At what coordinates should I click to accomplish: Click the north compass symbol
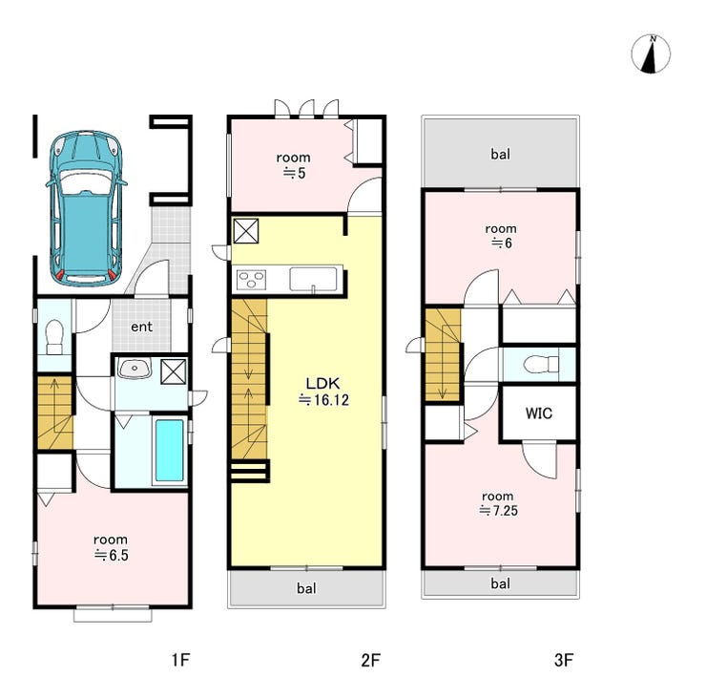click(x=651, y=53)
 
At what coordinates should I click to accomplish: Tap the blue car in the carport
click(x=86, y=208)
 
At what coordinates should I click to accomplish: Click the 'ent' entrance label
click(x=141, y=327)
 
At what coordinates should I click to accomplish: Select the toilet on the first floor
click(x=54, y=337)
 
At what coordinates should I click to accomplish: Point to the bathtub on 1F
click(x=169, y=450)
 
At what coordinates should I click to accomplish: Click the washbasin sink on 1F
click(x=135, y=369)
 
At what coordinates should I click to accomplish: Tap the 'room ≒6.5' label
click(x=111, y=547)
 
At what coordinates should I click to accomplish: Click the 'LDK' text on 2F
click(x=322, y=384)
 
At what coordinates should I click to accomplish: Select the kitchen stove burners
click(x=251, y=280)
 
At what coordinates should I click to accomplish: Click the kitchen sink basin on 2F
click(x=313, y=279)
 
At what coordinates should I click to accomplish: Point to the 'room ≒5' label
click(x=294, y=165)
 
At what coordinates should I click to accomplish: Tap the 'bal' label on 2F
click(x=306, y=588)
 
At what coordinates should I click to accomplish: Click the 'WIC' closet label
click(x=538, y=413)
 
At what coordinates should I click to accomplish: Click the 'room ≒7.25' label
click(x=498, y=503)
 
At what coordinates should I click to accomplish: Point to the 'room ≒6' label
click(x=501, y=236)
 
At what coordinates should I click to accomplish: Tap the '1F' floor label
click(x=180, y=660)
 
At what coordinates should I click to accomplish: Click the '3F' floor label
click(x=564, y=660)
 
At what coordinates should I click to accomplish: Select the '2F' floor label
click(x=370, y=660)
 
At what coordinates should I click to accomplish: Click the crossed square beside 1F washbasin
click(x=174, y=371)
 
